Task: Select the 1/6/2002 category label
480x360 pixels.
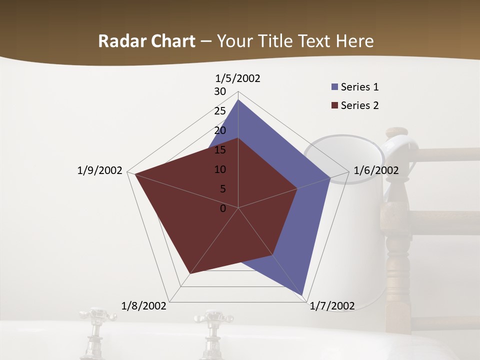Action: [x=376, y=170]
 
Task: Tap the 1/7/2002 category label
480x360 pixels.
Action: [x=332, y=305]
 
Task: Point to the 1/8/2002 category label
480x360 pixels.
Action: [x=144, y=305]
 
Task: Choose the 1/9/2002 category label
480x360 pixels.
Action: [x=100, y=170]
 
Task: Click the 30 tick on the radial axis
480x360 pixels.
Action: [x=220, y=91]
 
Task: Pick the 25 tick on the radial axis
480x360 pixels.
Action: [x=220, y=111]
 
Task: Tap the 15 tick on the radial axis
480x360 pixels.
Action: [x=220, y=150]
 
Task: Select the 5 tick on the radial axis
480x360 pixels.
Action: [x=223, y=189]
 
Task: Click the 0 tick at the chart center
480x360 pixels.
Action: [x=223, y=208]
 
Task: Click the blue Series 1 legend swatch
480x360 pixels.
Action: [x=334, y=87]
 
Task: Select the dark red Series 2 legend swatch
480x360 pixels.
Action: [x=334, y=105]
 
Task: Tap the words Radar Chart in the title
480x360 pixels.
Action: [x=146, y=41]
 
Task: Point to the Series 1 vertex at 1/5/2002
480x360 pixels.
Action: [x=238, y=100]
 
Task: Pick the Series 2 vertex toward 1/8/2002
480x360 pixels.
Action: [x=190, y=273]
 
